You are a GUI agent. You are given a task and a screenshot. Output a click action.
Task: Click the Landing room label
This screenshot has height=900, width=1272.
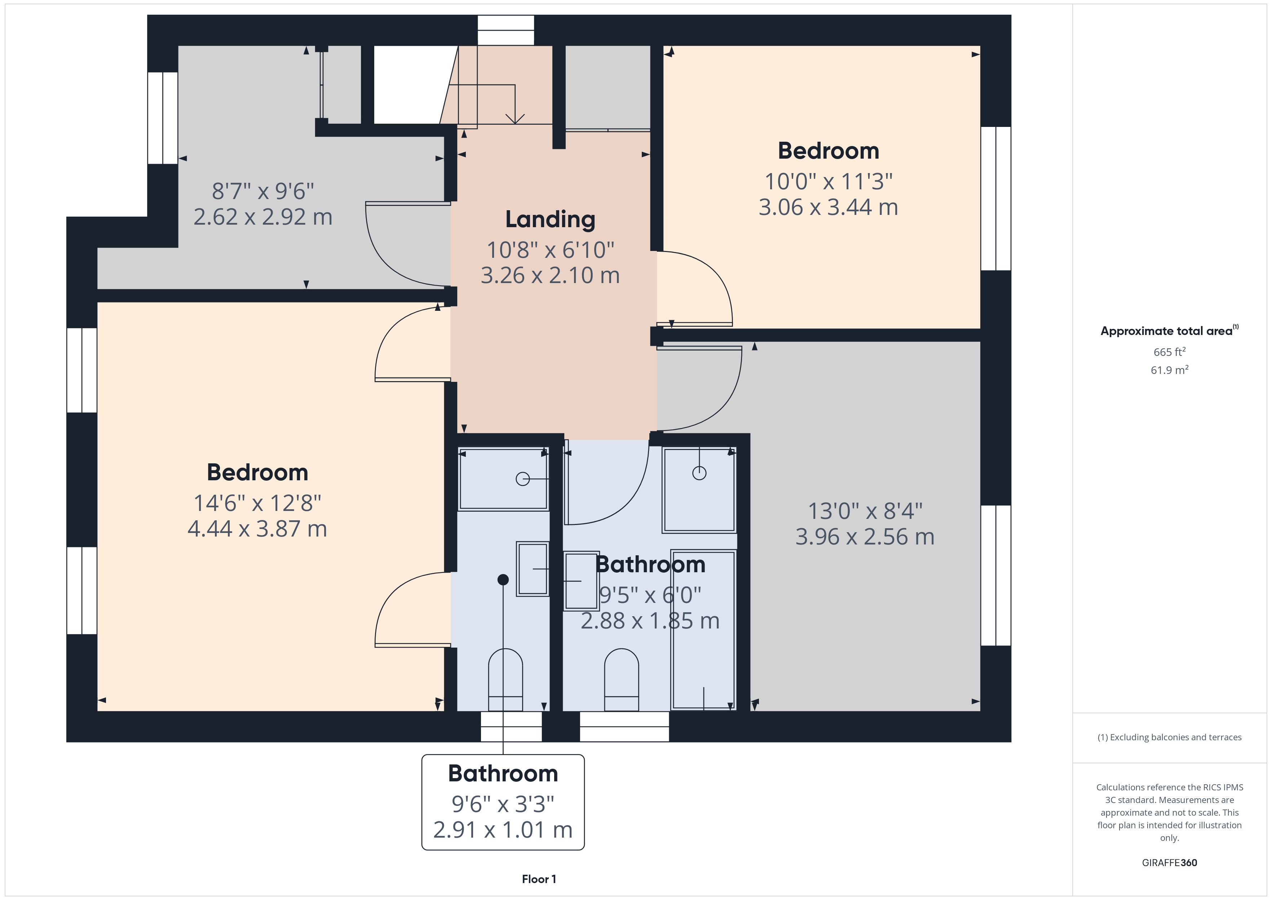(x=550, y=220)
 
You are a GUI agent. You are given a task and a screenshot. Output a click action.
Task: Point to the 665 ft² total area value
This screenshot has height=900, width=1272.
(x=1170, y=352)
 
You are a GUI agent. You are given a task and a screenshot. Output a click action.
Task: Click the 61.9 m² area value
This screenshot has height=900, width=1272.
(x=1170, y=370)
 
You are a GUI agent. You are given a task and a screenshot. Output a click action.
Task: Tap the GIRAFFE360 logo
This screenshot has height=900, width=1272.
(x=1170, y=863)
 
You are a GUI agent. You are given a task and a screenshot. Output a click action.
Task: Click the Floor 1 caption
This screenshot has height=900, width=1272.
(x=539, y=879)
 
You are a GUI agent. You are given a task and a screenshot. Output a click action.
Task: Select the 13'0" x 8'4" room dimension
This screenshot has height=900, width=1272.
(x=865, y=511)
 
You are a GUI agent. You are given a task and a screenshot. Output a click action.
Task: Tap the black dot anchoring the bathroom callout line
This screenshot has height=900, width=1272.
(x=503, y=580)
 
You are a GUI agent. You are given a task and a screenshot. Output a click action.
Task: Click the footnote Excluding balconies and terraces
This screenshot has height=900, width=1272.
(x=1170, y=737)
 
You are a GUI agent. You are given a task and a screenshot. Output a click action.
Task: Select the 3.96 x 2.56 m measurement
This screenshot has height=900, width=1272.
(x=865, y=537)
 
